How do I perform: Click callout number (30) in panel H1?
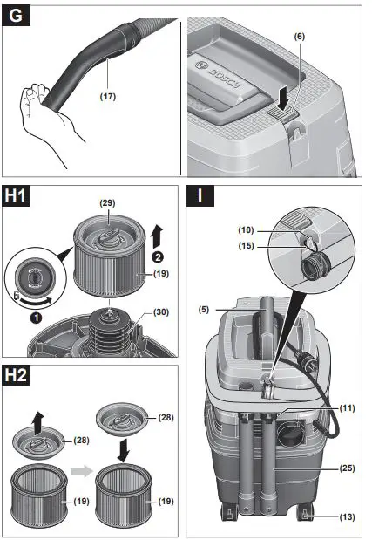(x=160, y=311)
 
